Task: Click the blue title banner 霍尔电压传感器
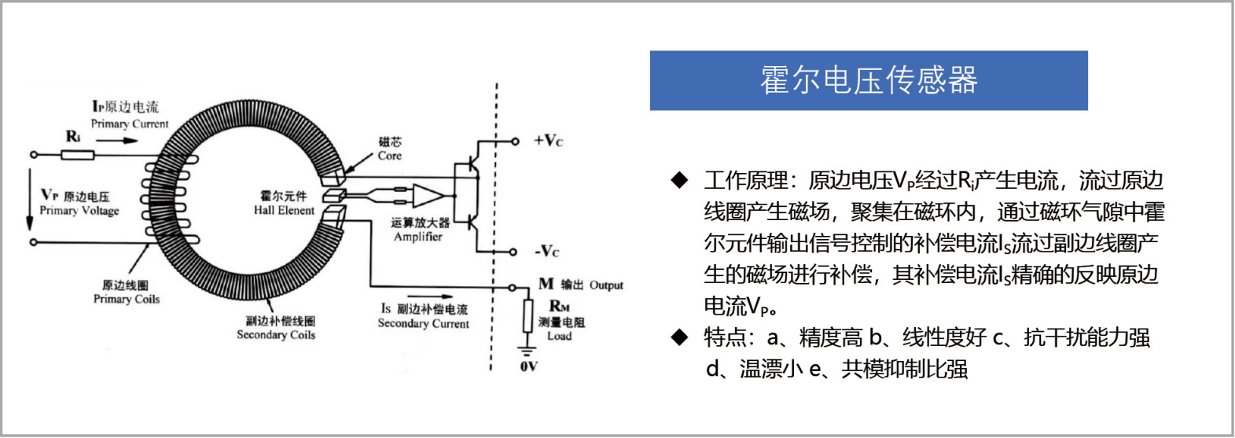(869, 80)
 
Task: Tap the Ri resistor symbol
(77, 155)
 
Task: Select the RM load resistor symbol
(527, 316)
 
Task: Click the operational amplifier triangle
(428, 195)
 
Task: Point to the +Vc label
(548, 141)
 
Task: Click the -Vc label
(546, 252)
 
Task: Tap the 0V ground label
(528, 366)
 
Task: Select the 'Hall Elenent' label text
(284, 210)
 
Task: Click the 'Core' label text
(390, 156)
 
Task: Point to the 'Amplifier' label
(418, 237)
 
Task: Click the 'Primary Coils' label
(127, 299)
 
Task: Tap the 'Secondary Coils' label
(276, 334)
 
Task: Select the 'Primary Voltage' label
(79, 211)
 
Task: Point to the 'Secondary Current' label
(424, 323)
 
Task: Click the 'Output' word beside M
(606, 285)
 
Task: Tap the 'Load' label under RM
(559, 336)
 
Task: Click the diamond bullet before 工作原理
(679, 180)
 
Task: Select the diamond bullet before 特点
(679, 337)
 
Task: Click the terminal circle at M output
(513, 287)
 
